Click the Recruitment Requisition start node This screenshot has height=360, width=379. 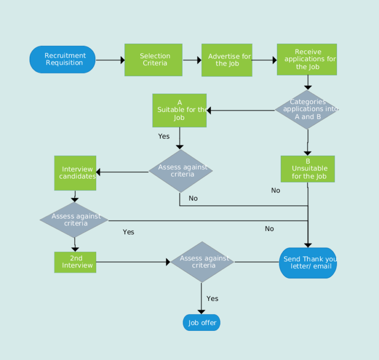(x=63, y=60)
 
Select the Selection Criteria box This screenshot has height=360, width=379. (x=153, y=60)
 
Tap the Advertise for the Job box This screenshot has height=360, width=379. (x=227, y=60)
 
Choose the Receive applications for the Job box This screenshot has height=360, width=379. (x=307, y=59)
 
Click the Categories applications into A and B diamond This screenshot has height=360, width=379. (x=307, y=109)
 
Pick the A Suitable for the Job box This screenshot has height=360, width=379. (x=179, y=110)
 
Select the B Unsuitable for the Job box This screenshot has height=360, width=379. (x=307, y=169)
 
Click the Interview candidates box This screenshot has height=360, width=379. (x=75, y=173)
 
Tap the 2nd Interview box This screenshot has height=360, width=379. (x=75, y=262)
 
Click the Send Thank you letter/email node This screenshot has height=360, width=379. (x=308, y=263)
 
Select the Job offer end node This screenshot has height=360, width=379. (x=201, y=323)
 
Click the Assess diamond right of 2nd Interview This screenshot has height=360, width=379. (x=202, y=262)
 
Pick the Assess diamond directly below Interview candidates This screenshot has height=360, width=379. (x=74, y=220)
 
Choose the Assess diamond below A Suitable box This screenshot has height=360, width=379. (x=181, y=171)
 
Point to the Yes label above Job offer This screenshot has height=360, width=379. (x=212, y=298)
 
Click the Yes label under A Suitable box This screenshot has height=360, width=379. (x=164, y=136)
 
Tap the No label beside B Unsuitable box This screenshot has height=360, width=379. (x=275, y=190)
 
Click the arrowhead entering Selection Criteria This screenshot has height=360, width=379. (x=122, y=60)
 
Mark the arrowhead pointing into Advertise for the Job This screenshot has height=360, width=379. (x=199, y=60)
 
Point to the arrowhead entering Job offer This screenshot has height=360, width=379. (x=201, y=312)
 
